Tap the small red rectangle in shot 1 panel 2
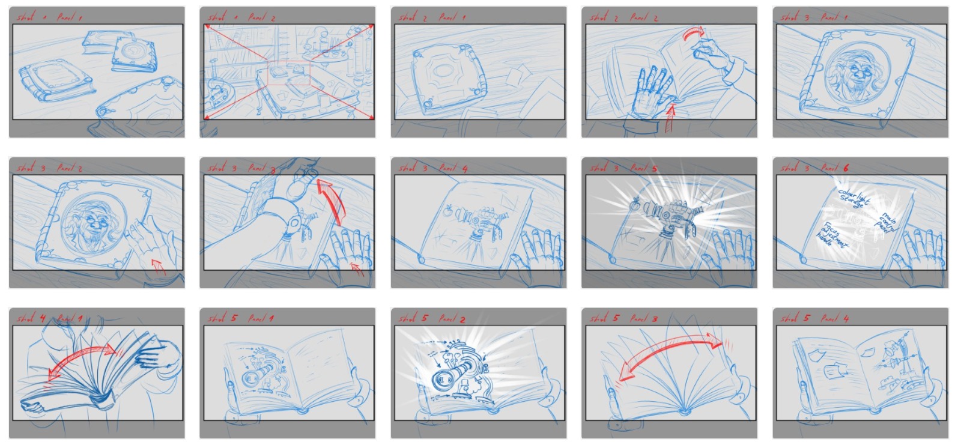(289, 73)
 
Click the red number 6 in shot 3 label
(845, 168)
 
